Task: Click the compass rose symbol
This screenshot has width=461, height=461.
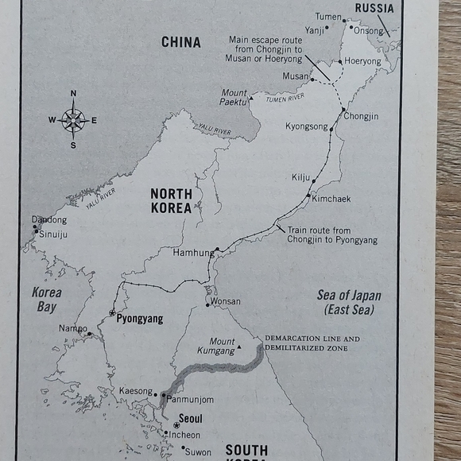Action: point(73,120)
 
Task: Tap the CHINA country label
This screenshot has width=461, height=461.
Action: point(180,42)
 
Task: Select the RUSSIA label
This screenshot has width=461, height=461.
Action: point(374,8)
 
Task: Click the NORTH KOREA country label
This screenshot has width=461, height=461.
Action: point(171,200)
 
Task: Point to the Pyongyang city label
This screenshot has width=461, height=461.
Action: point(139,319)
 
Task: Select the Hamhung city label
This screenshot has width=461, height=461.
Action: point(192,253)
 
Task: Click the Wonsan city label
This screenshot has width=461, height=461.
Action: point(225,302)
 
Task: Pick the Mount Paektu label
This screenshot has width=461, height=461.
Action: point(234,98)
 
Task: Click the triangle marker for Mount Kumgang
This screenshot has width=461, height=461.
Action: point(238,347)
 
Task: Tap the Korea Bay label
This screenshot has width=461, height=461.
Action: point(46,299)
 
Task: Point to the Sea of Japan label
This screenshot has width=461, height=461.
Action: point(349,302)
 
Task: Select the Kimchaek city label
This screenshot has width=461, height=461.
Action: point(331,199)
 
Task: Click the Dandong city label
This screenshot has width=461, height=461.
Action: point(49,219)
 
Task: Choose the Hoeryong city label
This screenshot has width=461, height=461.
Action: point(362,60)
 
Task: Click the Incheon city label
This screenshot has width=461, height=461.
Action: point(184,435)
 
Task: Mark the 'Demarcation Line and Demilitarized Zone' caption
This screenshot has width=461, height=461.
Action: point(312,343)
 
